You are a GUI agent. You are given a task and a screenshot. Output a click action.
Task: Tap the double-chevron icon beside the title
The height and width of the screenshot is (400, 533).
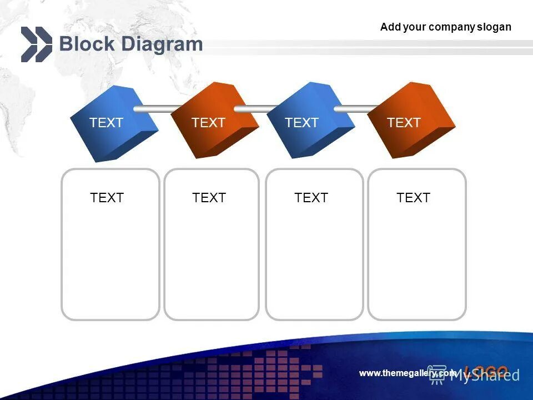tap(36, 44)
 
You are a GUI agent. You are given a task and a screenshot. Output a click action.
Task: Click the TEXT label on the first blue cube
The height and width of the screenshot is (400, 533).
tap(106, 123)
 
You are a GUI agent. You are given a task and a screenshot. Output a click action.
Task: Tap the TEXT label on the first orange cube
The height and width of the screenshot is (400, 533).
tap(208, 123)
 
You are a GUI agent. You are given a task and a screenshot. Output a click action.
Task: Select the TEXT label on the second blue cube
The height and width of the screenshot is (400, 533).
tap(301, 123)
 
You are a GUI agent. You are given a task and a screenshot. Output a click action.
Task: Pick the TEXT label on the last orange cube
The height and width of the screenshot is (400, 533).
tap(404, 123)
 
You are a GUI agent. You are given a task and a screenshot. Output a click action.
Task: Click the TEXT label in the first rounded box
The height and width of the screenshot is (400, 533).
tap(107, 198)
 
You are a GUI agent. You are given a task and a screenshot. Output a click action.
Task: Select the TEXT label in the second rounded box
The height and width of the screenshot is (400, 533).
tap(209, 198)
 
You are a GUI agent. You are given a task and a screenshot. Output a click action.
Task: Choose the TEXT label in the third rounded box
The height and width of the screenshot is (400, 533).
tap(311, 198)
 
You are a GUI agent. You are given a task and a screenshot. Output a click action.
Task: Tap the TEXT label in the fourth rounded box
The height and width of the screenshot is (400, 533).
tap(413, 198)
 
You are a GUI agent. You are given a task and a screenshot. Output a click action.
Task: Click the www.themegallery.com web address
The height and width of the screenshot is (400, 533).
tap(408, 373)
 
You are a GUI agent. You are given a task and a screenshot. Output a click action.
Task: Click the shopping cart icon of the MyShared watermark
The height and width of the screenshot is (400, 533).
tap(438, 374)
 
